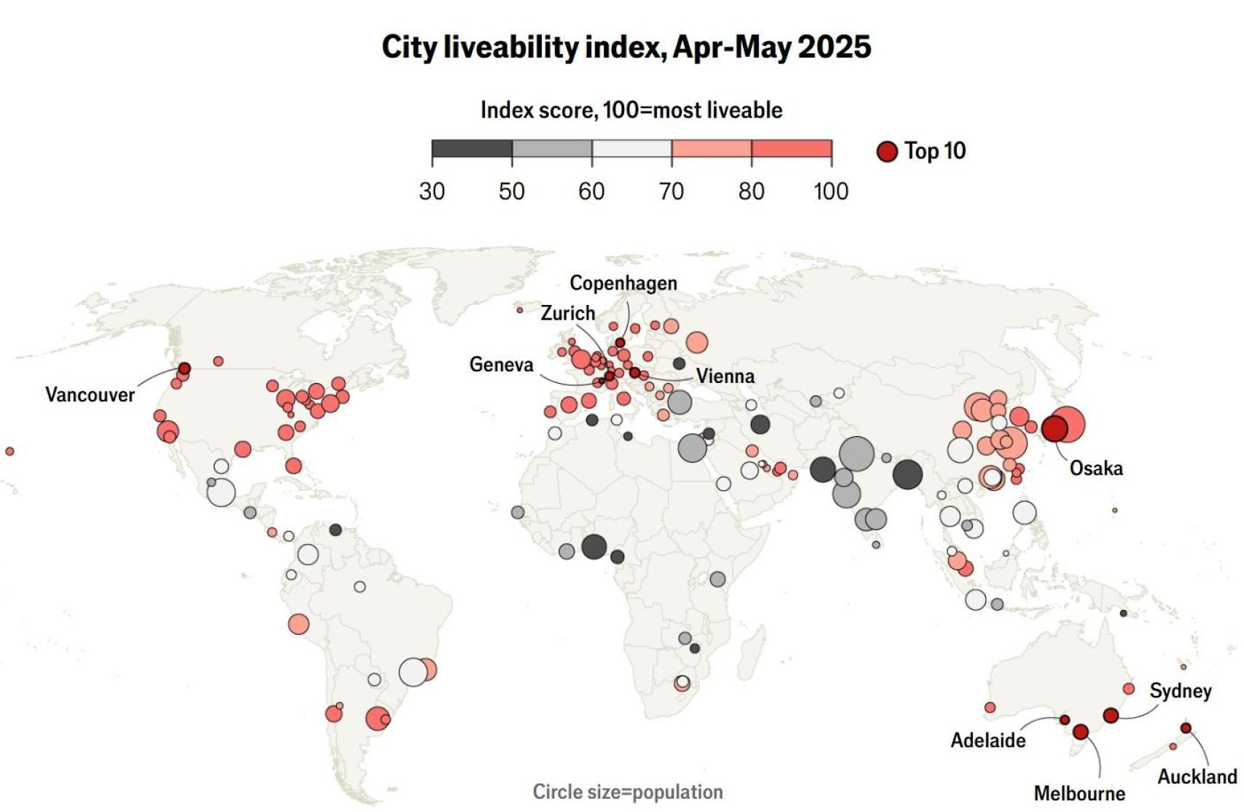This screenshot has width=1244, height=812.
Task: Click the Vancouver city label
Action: (x=90, y=395)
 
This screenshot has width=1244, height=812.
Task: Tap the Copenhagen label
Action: (x=623, y=283)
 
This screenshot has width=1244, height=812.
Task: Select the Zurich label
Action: (x=567, y=313)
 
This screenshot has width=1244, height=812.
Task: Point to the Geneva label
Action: (x=501, y=364)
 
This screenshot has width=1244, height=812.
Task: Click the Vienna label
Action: (x=725, y=376)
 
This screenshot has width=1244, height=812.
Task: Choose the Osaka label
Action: (x=1095, y=468)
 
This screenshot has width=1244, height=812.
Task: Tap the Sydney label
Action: (x=1180, y=690)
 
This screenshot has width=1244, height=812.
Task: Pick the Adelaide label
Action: (x=987, y=740)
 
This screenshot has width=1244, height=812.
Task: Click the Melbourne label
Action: (x=1078, y=793)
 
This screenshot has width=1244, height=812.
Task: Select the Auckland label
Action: (x=1197, y=776)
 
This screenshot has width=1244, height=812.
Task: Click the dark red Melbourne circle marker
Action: (x=1081, y=731)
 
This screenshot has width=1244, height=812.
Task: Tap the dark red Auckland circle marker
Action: (x=1186, y=728)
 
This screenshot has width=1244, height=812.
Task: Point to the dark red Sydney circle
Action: (x=1111, y=716)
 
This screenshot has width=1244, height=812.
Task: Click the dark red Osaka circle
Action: (x=1054, y=428)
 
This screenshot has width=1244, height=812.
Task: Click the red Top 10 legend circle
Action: (x=887, y=151)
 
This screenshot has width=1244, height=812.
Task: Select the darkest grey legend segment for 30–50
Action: (x=472, y=149)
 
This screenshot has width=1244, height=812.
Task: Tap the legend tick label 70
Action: (x=671, y=191)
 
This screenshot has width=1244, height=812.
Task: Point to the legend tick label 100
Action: (x=831, y=191)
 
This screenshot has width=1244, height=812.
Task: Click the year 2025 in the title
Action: (x=834, y=47)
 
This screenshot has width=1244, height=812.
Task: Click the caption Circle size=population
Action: (x=627, y=792)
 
